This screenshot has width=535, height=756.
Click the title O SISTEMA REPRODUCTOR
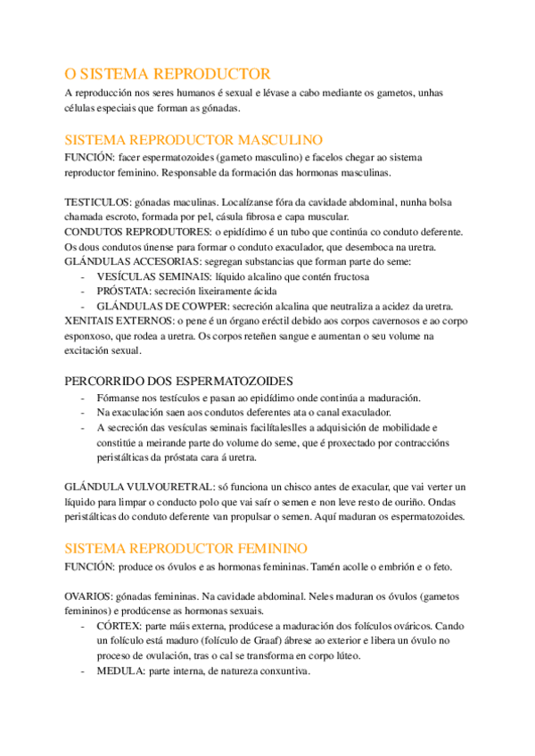tap(168, 73)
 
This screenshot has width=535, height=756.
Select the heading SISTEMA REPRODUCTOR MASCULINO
tap(194, 140)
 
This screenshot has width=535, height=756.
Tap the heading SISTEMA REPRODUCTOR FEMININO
tap(187, 546)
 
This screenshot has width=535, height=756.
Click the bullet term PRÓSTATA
tap(123, 292)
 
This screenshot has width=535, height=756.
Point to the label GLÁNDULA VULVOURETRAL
tap(139, 489)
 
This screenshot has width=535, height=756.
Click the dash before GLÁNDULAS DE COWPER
tap(83, 307)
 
